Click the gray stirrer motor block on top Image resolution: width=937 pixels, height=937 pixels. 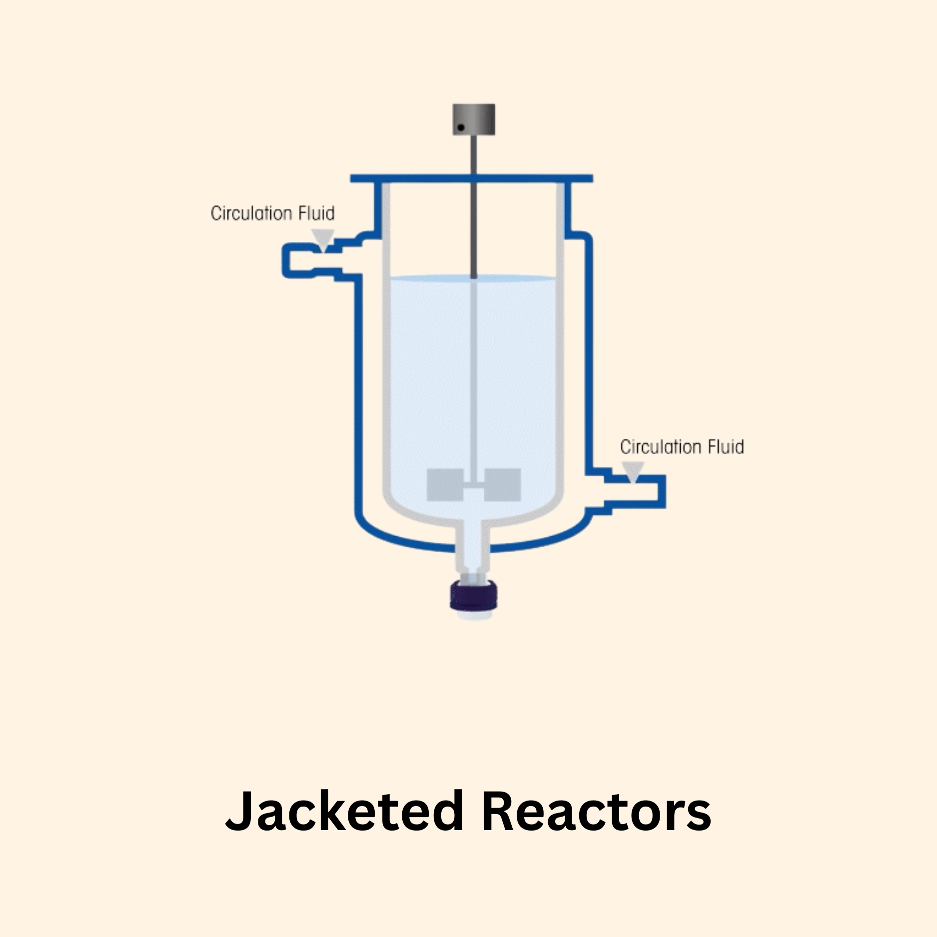pos(474,119)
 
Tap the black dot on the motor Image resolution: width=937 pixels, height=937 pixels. pos(461,128)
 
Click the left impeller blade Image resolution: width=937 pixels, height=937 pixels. pos(444,485)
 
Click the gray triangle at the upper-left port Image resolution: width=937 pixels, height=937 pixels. pos(322,239)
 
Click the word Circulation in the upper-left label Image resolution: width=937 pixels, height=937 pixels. pos(251,213)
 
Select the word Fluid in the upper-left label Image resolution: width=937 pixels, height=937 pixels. pos(316,213)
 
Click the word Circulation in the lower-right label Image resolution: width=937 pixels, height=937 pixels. pos(661,447)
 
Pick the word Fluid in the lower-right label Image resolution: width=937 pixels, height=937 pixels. pos(725,447)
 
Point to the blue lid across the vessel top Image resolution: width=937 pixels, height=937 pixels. pos(471,178)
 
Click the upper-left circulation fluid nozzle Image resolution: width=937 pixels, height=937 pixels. pos(300,260)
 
